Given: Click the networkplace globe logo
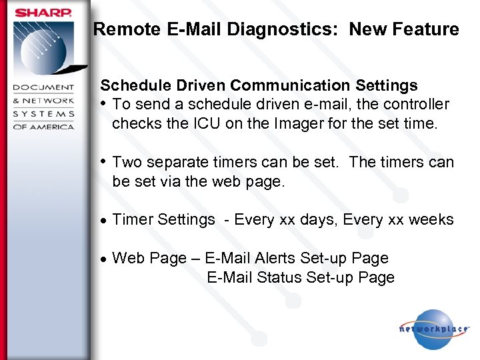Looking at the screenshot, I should click(x=433, y=329).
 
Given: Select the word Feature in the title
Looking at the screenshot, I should click(x=427, y=29).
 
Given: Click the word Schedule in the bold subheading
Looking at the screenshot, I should click(x=129, y=85).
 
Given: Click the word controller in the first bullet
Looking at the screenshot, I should click(x=416, y=105).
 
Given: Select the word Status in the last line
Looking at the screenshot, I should click(x=278, y=277).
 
